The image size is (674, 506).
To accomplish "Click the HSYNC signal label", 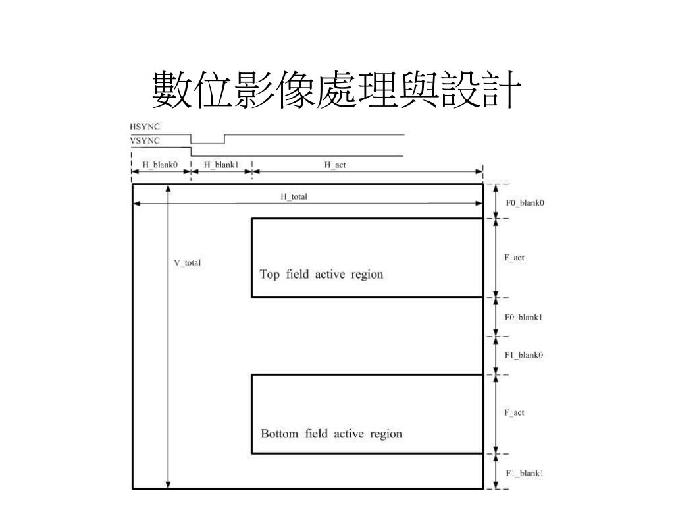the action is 145,126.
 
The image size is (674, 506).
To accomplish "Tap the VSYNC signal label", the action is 145,140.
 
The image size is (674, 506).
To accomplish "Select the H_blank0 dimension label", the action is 160,165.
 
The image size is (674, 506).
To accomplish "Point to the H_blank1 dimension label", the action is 220,165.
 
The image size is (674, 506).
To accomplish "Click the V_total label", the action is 187,262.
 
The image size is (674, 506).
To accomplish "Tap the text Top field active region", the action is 321,274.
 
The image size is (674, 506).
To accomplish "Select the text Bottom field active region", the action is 331,434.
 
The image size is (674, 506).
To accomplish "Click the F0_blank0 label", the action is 525,203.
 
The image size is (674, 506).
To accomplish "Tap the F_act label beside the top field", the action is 514,258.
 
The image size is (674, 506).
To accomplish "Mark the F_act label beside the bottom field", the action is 514,413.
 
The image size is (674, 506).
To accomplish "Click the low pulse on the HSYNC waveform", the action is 207,143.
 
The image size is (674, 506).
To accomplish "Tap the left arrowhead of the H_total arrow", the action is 137,204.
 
